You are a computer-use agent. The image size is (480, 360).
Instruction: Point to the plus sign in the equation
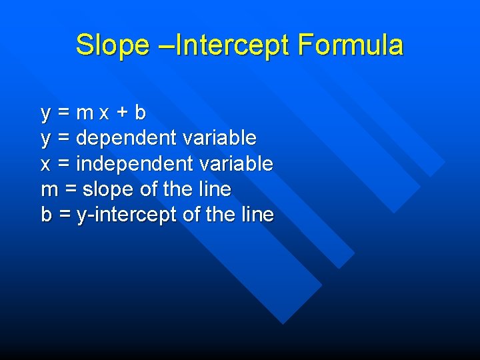point(121,113)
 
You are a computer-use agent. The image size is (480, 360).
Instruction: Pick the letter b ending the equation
point(139,113)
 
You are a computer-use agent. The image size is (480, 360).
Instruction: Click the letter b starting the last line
point(46,215)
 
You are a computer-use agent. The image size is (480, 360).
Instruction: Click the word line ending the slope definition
point(215,189)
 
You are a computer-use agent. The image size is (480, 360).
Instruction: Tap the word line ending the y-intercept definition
point(257,215)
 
